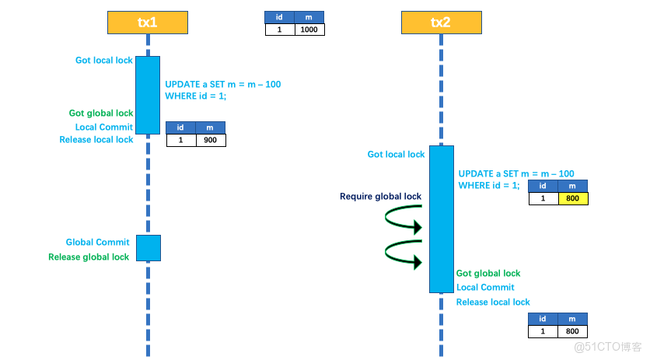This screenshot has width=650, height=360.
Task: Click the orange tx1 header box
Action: click(x=148, y=22)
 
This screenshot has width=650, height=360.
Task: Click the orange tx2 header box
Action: click(x=441, y=22)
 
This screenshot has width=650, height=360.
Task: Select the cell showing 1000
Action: click(x=309, y=30)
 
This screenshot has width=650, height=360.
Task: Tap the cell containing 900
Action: click(x=210, y=141)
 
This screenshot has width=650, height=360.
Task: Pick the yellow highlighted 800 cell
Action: click(x=573, y=198)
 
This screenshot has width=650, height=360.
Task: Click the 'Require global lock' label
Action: click(x=380, y=197)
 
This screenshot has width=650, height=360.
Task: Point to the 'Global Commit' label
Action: click(x=97, y=243)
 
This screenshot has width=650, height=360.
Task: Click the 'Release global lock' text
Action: click(x=89, y=257)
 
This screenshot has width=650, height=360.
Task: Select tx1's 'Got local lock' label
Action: click(x=103, y=61)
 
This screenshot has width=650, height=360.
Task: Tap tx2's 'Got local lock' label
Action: click(x=396, y=155)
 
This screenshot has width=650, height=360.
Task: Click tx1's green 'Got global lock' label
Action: click(x=101, y=113)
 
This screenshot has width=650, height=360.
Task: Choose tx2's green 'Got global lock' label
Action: click(x=488, y=274)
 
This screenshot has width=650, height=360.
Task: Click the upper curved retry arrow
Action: click(x=404, y=221)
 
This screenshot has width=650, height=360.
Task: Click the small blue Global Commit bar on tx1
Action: click(x=148, y=248)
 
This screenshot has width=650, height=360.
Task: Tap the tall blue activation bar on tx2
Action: click(x=441, y=218)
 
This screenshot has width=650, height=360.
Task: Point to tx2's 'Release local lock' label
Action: click(x=493, y=302)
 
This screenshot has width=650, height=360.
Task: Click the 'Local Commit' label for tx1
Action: click(x=104, y=127)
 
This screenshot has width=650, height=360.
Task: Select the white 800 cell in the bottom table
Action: click(x=573, y=332)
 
